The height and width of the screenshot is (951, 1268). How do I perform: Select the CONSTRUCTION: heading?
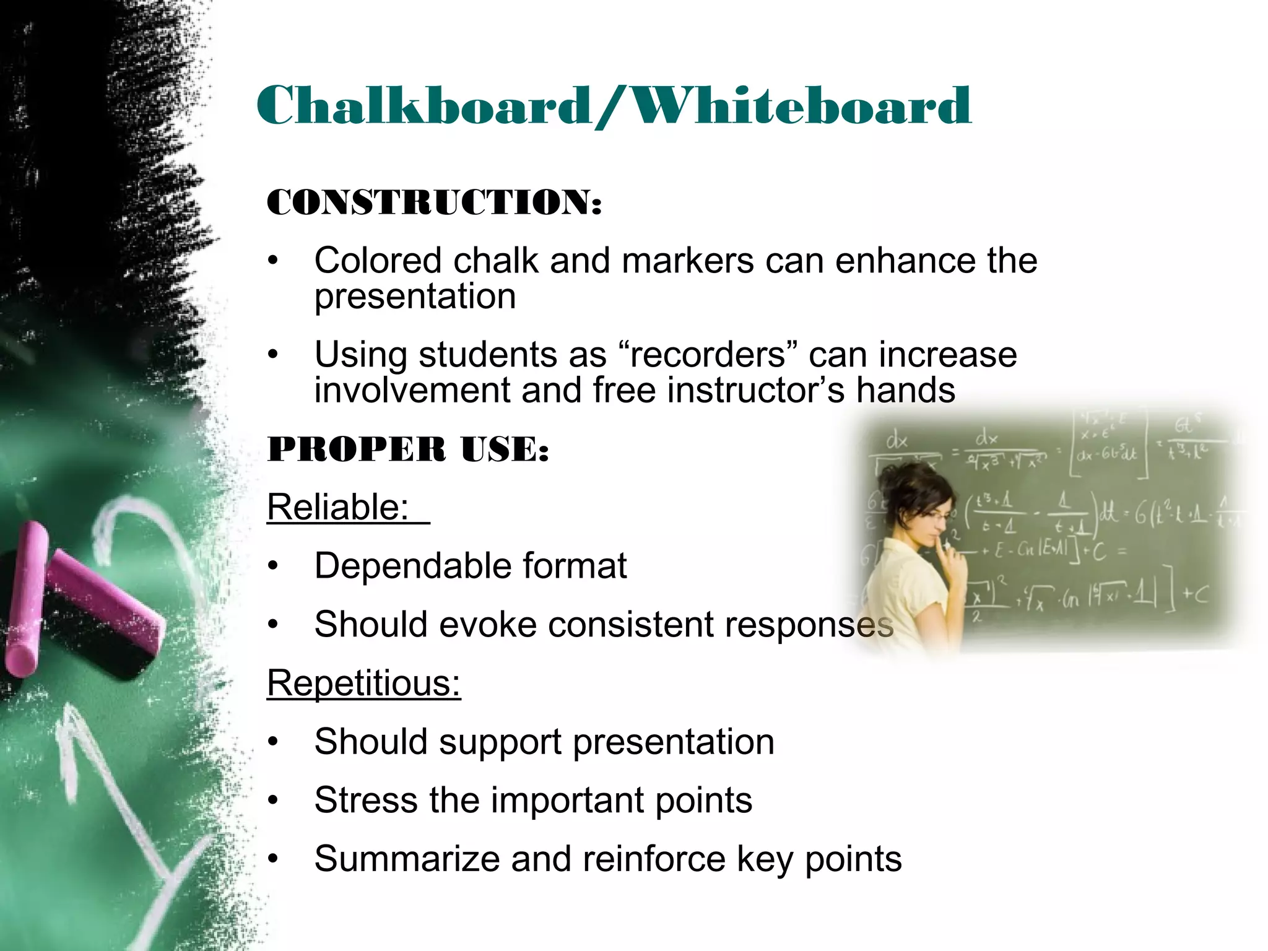(434, 203)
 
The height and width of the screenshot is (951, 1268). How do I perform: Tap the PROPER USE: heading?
(408, 449)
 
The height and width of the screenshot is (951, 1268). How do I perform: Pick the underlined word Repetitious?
(364, 684)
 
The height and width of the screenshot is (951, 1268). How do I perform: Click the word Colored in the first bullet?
(378, 260)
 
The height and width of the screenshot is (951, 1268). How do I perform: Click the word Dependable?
(412, 566)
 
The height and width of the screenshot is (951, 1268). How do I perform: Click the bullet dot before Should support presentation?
(274, 742)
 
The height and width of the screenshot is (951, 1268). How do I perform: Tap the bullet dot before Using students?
(274, 355)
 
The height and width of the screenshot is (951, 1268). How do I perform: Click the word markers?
(688, 260)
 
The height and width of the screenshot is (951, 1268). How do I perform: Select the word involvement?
(412, 391)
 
